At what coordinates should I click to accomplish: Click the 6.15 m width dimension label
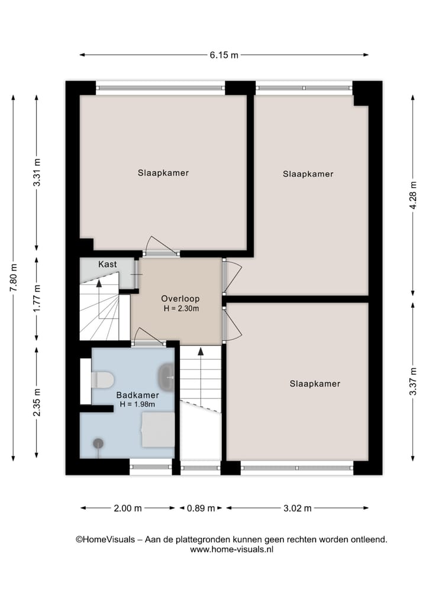pyautogui.click(x=224, y=55)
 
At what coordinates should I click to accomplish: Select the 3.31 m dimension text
pyautogui.click(x=37, y=173)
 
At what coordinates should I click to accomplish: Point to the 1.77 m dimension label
pyautogui.click(x=37, y=300)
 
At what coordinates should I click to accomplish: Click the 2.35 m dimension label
pyautogui.click(x=37, y=403)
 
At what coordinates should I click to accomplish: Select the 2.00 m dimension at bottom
pyautogui.click(x=128, y=508)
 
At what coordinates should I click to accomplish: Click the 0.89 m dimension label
pyautogui.click(x=201, y=508)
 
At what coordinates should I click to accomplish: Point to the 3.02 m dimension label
pyautogui.click(x=297, y=508)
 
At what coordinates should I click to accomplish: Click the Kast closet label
pyautogui.click(x=107, y=264)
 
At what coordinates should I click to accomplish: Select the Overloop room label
pyautogui.click(x=180, y=299)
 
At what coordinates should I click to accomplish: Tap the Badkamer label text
pyautogui.click(x=137, y=395)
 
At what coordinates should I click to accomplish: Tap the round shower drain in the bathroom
pyautogui.click(x=98, y=443)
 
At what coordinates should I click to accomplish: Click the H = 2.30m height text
pyautogui.click(x=180, y=308)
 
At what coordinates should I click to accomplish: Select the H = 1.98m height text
pyautogui.click(x=137, y=404)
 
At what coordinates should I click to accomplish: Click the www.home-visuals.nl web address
pyautogui.click(x=231, y=549)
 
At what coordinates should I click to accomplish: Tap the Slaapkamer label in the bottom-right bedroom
pyautogui.click(x=315, y=384)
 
